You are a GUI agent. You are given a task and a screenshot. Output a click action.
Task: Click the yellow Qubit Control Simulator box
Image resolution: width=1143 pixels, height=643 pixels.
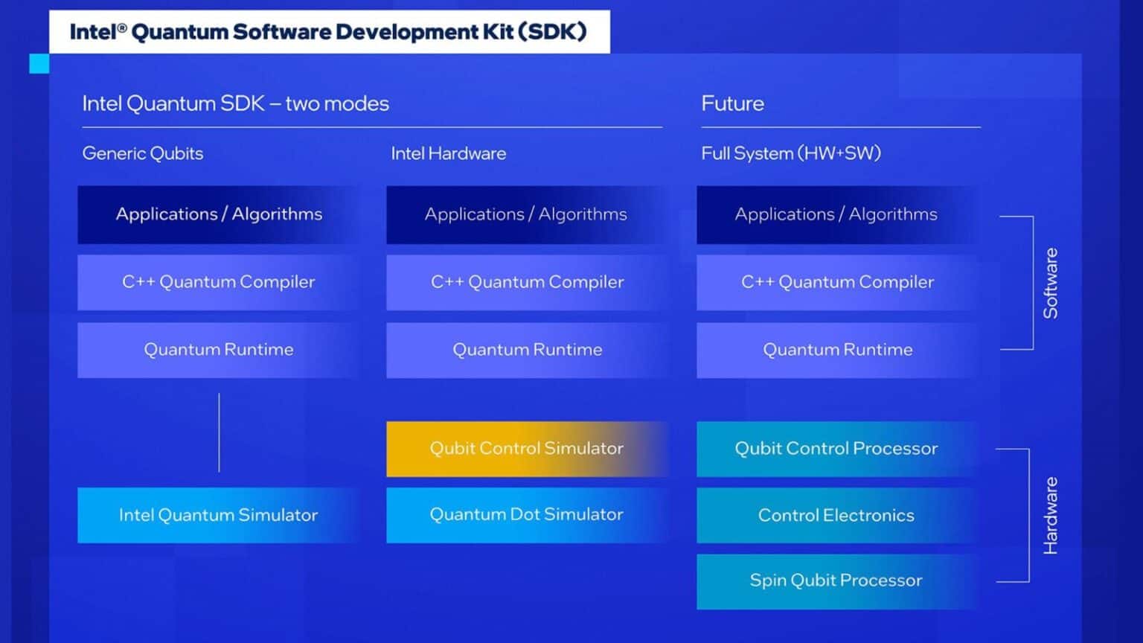[526, 449]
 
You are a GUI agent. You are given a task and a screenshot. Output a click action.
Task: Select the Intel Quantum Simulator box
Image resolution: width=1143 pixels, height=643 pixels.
[218, 515]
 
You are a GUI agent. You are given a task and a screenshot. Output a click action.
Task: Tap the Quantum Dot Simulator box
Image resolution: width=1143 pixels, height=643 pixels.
[526, 515]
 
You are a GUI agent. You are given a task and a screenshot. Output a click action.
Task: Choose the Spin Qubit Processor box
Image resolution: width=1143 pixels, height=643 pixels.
[836, 581]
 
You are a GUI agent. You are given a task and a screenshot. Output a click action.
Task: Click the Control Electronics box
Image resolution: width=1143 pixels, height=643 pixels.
[836, 515]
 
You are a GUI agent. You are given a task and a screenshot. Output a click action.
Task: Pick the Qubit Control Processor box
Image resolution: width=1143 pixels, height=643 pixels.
[836, 449]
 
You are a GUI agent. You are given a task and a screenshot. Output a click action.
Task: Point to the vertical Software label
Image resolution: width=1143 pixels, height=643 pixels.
[1050, 284]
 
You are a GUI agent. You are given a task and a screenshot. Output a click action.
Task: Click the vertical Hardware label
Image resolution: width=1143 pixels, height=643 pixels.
[1050, 516]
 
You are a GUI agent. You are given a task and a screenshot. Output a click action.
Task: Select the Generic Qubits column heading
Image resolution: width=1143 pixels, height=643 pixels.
[142, 153]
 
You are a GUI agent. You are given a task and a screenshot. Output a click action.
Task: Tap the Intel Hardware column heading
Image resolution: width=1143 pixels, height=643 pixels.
[448, 153]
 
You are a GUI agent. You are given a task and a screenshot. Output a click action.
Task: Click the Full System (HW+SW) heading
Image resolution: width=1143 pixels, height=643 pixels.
[790, 153]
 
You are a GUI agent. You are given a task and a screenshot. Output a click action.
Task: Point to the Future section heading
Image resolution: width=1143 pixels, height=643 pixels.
[732, 103]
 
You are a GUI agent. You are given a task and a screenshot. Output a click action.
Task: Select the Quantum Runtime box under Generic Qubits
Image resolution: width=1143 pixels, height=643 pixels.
[218, 350]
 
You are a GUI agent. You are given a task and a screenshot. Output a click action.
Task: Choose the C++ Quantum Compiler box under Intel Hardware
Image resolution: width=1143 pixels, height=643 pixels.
[527, 282]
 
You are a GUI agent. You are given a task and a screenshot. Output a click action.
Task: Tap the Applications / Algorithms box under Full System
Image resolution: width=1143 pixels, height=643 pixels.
[836, 214]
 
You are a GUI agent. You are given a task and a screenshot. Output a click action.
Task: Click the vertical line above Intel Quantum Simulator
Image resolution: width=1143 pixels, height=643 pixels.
[219, 432]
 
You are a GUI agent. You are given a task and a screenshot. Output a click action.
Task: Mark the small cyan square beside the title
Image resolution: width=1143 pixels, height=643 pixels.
[39, 64]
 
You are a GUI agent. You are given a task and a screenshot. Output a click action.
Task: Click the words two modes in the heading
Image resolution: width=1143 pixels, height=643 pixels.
[337, 103]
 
